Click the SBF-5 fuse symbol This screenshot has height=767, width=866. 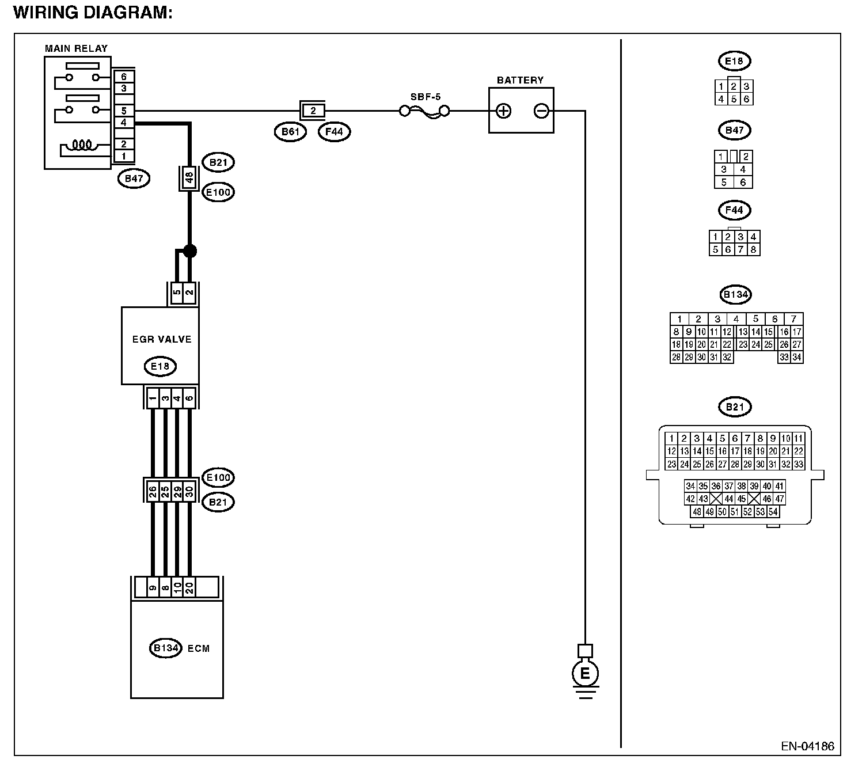coord(424,112)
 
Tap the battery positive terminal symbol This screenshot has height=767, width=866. coord(503,111)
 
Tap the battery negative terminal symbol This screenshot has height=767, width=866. coord(541,111)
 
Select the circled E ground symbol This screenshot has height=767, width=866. coord(585,674)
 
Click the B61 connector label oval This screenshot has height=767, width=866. coord(290,132)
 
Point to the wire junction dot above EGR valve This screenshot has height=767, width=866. coord(190,251)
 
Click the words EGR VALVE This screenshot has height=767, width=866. coord(162,340)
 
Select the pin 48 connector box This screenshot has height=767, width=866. coord(189,178)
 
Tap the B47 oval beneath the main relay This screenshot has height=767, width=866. coord(134,179)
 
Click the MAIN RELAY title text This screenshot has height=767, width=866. coord(77,48)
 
